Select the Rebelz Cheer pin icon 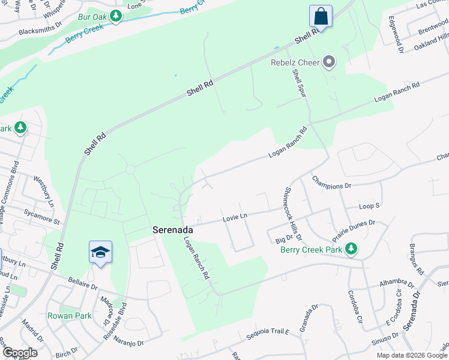tap(328, 62)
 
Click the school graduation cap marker tap(100, 253)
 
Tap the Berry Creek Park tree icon tap(351, 249)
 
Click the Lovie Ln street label tap(235, 217)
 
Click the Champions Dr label tap(331, 182)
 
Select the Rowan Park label tap(70, 316)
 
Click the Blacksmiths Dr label tap(40, 29)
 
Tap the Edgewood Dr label tap(395, 35)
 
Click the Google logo tap(19, 352)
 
